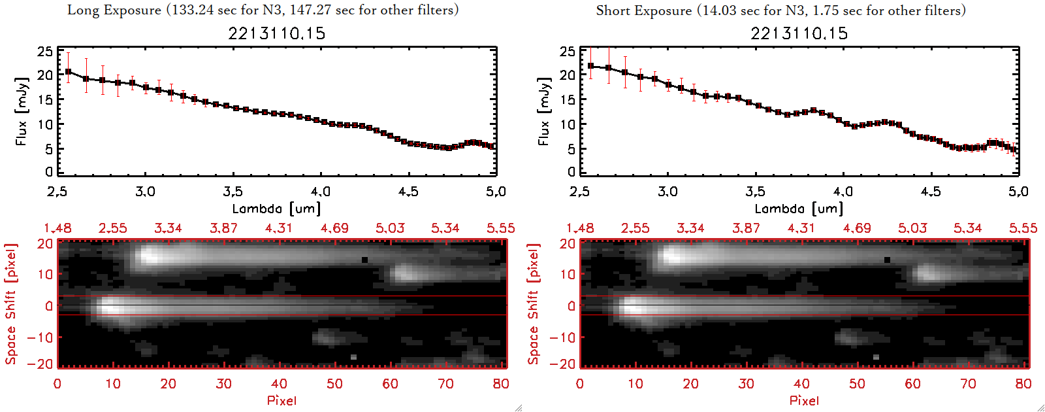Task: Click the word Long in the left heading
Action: [x=81, y=10]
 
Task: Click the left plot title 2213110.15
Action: [x=276, y=33]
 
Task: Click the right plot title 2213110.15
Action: [x=799, y=33]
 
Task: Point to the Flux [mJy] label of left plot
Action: [x=22, y=111]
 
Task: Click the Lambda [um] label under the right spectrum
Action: [x=799, y=209]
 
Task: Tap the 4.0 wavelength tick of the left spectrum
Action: [x=320, y=192]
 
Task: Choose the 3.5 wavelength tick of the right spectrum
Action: [x=755, y=192]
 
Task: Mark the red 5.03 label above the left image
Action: [x=390, y=228]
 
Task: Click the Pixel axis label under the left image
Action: [x=281, y=400]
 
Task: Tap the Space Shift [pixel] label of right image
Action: [x=533, y=304]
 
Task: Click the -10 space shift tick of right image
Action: [x=562, y=337]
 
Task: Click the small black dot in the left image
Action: [x=364, y=260]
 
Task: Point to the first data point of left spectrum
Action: [x=68, y=71]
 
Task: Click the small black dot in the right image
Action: [x=887, y=260]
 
